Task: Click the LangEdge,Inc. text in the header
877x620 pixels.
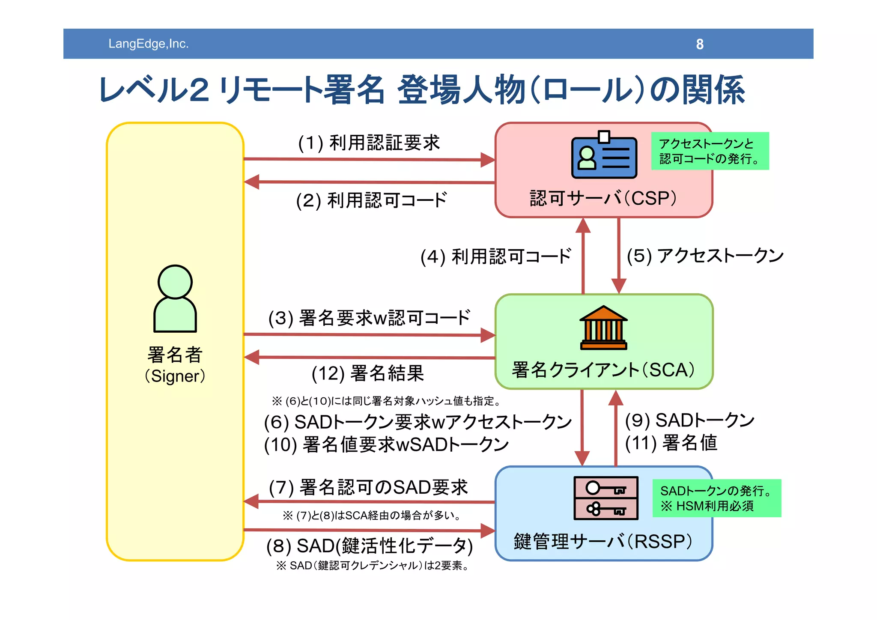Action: tap(148, 44)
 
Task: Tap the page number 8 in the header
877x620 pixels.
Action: tap(699, 44)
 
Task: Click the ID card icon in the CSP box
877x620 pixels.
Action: tap(604, 156)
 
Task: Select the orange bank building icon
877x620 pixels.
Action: tap(603, 328)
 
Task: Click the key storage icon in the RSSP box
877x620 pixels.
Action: tap(606, 498)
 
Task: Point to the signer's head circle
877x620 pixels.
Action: tap(175, 282)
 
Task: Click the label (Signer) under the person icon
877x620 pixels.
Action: tap(175, 376)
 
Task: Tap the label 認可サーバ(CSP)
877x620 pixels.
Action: tap(603, 198)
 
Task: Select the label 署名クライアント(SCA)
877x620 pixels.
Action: tap(603, 370)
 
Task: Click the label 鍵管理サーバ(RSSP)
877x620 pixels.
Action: tap(603, 542)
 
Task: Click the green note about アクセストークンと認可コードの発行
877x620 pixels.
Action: tap(710, 151)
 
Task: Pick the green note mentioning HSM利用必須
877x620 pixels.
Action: tap(716, 498)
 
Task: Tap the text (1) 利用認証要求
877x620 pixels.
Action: tap(369, 143)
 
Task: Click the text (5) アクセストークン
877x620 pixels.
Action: tap(705, 256)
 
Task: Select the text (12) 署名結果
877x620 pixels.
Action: tap(367, 373)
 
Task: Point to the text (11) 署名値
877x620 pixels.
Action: tap(671, 443)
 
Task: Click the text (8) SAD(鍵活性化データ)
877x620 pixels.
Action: tap(369, 546)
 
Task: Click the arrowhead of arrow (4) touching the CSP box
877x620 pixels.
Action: tap(583, 226)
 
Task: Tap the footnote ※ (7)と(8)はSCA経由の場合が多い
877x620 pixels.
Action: tap(372, 516)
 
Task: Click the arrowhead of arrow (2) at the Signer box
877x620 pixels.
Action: tap(252, 182)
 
